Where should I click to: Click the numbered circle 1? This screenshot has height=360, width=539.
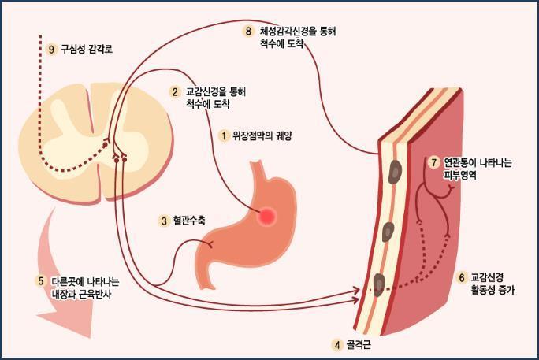coord(224,135)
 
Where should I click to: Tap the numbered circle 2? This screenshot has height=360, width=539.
coord(175,92)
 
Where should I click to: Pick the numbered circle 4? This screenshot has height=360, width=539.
coord(336,345)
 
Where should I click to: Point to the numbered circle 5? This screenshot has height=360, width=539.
coord(40,281)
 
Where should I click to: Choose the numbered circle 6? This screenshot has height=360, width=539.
coord(462,278)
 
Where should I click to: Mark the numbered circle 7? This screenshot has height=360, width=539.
coord(434,163)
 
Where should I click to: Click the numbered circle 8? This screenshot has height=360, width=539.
coord(248,32)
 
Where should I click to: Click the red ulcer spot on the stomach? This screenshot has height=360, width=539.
coord(267,214)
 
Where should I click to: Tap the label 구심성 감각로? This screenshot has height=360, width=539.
coord(87,49)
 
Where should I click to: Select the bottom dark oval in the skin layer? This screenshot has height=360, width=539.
coord(379,283)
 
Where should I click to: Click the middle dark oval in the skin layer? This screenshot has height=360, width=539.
coord(387,232)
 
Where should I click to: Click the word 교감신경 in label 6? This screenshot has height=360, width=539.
coord(489,278)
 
